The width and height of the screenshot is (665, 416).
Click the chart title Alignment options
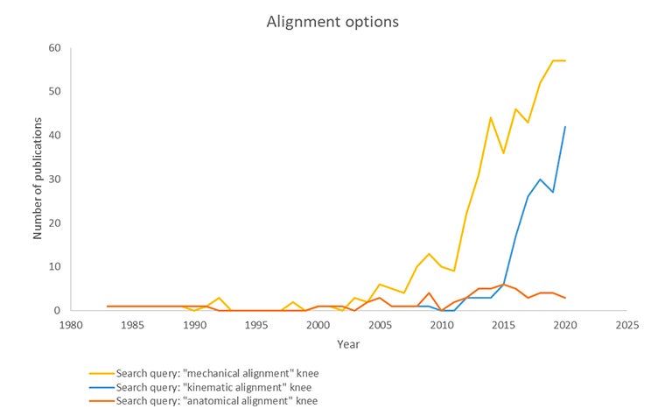tap(332, 21)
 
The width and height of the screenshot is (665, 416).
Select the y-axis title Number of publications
tap(38, 180)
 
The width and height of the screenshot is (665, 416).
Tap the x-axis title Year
tap(348, 344)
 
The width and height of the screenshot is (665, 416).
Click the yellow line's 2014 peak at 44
tap(491, 117)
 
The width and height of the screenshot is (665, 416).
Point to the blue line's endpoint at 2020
tap(565, 126)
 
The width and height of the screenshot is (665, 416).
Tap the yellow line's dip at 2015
tap(503, 152)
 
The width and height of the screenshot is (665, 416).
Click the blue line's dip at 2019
tap(553, 192)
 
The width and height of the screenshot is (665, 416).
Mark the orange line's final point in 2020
tap(565, 298)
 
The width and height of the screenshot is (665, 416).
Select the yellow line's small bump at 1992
tap(219, 298)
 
